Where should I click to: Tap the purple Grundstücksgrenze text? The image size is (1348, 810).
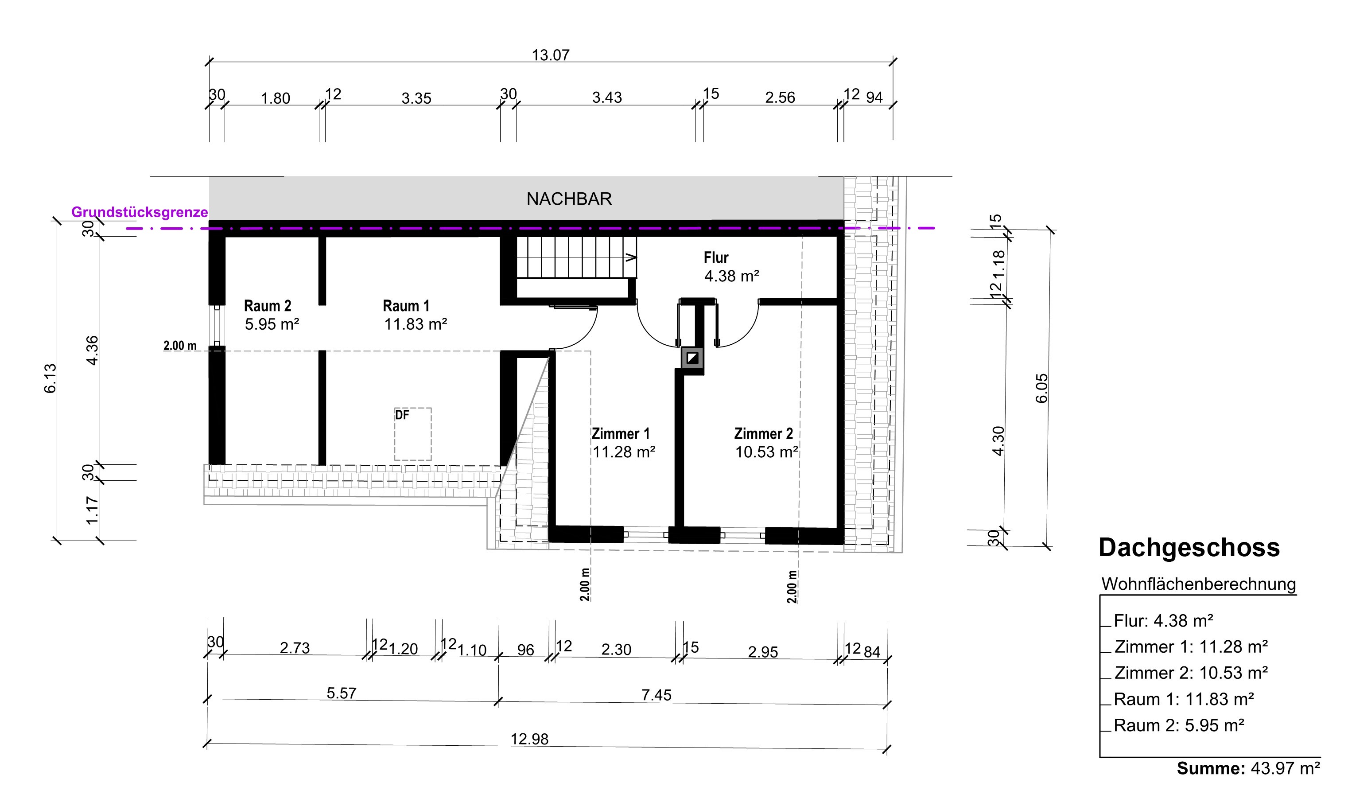(140, 212)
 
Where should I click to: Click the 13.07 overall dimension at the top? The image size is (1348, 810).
(551, 55)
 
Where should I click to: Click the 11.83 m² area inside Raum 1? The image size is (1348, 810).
(416, 324)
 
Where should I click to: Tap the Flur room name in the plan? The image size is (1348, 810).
(716, 257)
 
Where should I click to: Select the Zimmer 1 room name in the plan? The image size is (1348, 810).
(621, 434)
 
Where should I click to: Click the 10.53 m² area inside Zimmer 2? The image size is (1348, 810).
(766, 452)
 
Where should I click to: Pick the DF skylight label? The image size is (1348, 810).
(402, 415)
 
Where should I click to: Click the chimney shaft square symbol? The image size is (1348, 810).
(692, 358)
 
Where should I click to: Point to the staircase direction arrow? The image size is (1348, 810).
(631, 257)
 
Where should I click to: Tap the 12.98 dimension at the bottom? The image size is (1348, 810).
(529, 739)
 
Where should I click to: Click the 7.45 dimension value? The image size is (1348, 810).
(656, 695)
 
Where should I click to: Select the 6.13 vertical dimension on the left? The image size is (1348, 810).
(50, 378)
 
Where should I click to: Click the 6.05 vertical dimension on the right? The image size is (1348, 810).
(1042, 389)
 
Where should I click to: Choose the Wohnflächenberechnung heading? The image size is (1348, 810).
(1199, 584)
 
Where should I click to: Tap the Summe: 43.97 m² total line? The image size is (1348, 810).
(1248, 768)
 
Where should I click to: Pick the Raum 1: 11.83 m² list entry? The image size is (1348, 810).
(1184, 699)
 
